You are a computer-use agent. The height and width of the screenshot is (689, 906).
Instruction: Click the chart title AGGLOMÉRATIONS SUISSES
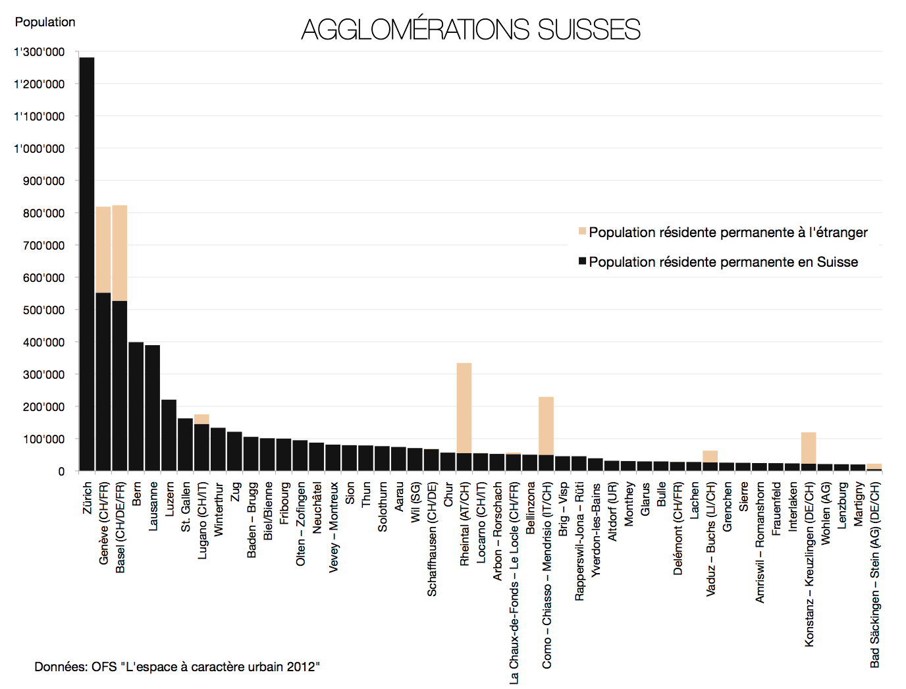tap(471, 30)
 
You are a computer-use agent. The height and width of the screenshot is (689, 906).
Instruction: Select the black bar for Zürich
tap(87, 263)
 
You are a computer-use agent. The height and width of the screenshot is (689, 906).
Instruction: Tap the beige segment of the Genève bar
tap(103, 250)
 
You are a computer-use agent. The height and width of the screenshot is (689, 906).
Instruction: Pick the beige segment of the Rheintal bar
tap(464, 408)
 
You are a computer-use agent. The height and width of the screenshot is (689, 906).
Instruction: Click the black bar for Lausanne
tap(152, 408)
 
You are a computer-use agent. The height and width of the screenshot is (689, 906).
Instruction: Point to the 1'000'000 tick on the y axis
tap(39, 149)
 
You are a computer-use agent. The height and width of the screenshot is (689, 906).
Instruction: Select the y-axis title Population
tap(45, 22)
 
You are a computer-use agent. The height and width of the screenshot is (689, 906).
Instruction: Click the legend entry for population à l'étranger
tap(728, 233)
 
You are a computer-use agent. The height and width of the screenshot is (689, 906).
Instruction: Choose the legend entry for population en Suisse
tap(723, 262)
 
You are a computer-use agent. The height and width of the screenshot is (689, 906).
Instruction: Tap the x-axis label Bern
tap(136, 493)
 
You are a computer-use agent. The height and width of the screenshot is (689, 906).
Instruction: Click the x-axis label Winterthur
tap(219, 509)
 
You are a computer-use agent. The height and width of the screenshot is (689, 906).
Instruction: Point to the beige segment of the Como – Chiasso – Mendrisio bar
tap(546, 426)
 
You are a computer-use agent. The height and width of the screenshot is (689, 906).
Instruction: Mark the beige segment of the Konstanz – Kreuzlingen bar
tap(809, 448)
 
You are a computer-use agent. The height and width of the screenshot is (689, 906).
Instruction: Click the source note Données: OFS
tap(176, 667)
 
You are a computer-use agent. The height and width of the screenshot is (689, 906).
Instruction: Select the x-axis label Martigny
tap(858, 504)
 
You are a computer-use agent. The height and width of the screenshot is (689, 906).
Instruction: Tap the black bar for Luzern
tap(169, 435)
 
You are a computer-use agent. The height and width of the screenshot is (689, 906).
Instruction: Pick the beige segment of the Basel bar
tap(120, 253)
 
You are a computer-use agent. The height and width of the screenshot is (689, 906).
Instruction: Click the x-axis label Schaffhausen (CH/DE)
tap(432, 539)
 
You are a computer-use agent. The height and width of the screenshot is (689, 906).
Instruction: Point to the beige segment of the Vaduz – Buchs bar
tap(710, 456)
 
